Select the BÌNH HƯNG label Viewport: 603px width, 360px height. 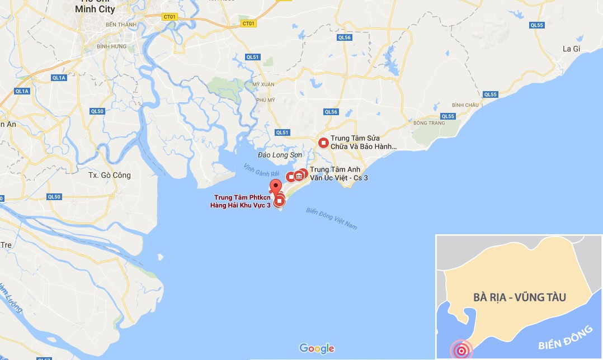tap(110, 46)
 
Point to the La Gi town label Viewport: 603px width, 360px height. tap(571, 49)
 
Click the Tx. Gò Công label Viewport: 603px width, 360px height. tap(110, 175)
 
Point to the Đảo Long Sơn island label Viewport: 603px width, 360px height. tap(280, 154)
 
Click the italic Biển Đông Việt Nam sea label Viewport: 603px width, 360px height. tap(331, 218)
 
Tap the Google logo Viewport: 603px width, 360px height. tap(317, 348)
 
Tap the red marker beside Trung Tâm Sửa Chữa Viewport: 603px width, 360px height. tap(323, 143)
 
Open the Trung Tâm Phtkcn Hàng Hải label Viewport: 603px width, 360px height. tap(242, 201)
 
